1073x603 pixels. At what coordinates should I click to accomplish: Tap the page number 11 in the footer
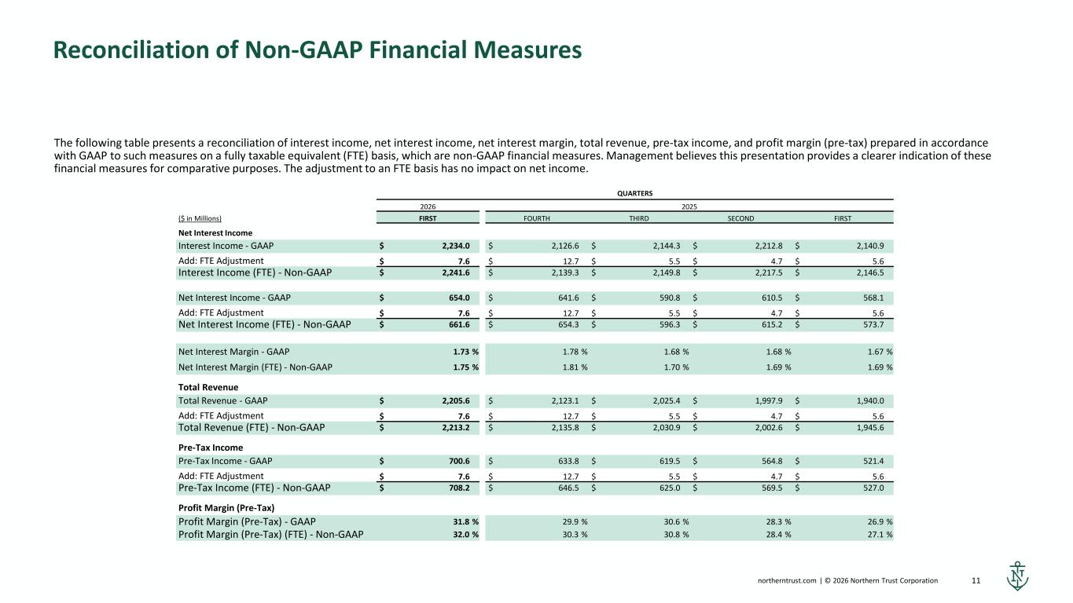click(976, 581)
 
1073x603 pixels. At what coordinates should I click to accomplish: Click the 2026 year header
click(428, 206)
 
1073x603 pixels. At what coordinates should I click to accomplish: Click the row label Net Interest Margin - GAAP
click(233, 350)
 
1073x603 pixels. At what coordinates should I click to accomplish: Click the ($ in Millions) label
click(200, 218)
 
